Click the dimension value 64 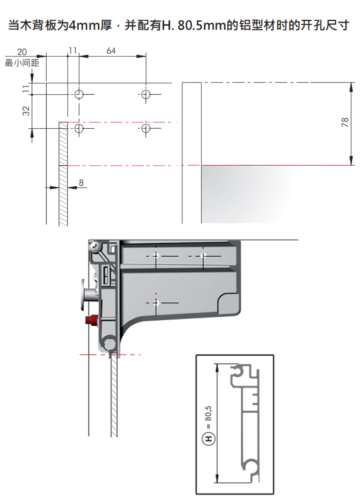coord(111,50)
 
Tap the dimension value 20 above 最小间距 coord(22,52)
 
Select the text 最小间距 coord(22,62)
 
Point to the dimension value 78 coord(345,122)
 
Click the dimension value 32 coord(26,111)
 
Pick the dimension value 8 coord(81,182)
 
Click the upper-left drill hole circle coord(79,95)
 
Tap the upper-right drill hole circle coord(146,95)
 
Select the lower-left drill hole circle coord(79,128)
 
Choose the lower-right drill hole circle coord(146,128)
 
